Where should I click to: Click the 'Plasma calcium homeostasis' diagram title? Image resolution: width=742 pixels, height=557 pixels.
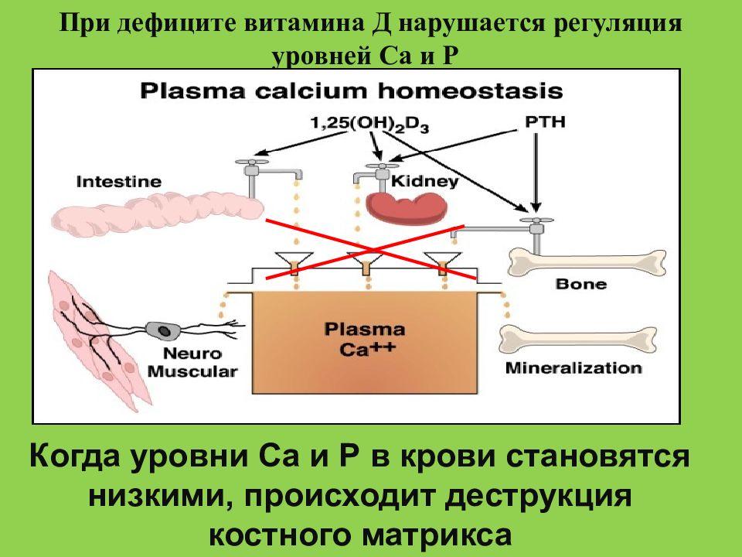[x=351, y=91]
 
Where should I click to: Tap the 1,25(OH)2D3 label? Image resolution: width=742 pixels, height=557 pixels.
[x=369, y=124]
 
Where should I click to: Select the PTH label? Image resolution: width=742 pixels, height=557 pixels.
[x=545, y=121]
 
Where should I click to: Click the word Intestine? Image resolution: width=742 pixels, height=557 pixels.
[x=119, y=181]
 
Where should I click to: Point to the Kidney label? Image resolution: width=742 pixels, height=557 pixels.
[x=424, y=181]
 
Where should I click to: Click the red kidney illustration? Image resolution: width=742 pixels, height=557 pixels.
[x=406, y=207]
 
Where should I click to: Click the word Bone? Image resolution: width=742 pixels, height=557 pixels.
[x=580, y=284]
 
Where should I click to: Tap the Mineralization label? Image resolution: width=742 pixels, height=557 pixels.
[x=574, y=367]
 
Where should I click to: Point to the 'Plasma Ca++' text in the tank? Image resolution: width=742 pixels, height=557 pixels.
[x=364, y=340]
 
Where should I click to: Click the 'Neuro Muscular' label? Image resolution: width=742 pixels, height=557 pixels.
[x=192, y=362]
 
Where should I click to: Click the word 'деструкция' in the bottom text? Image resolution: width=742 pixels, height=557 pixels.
[x=539, y=496]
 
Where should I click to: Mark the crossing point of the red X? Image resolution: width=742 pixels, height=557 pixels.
[x=373, y=249]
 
